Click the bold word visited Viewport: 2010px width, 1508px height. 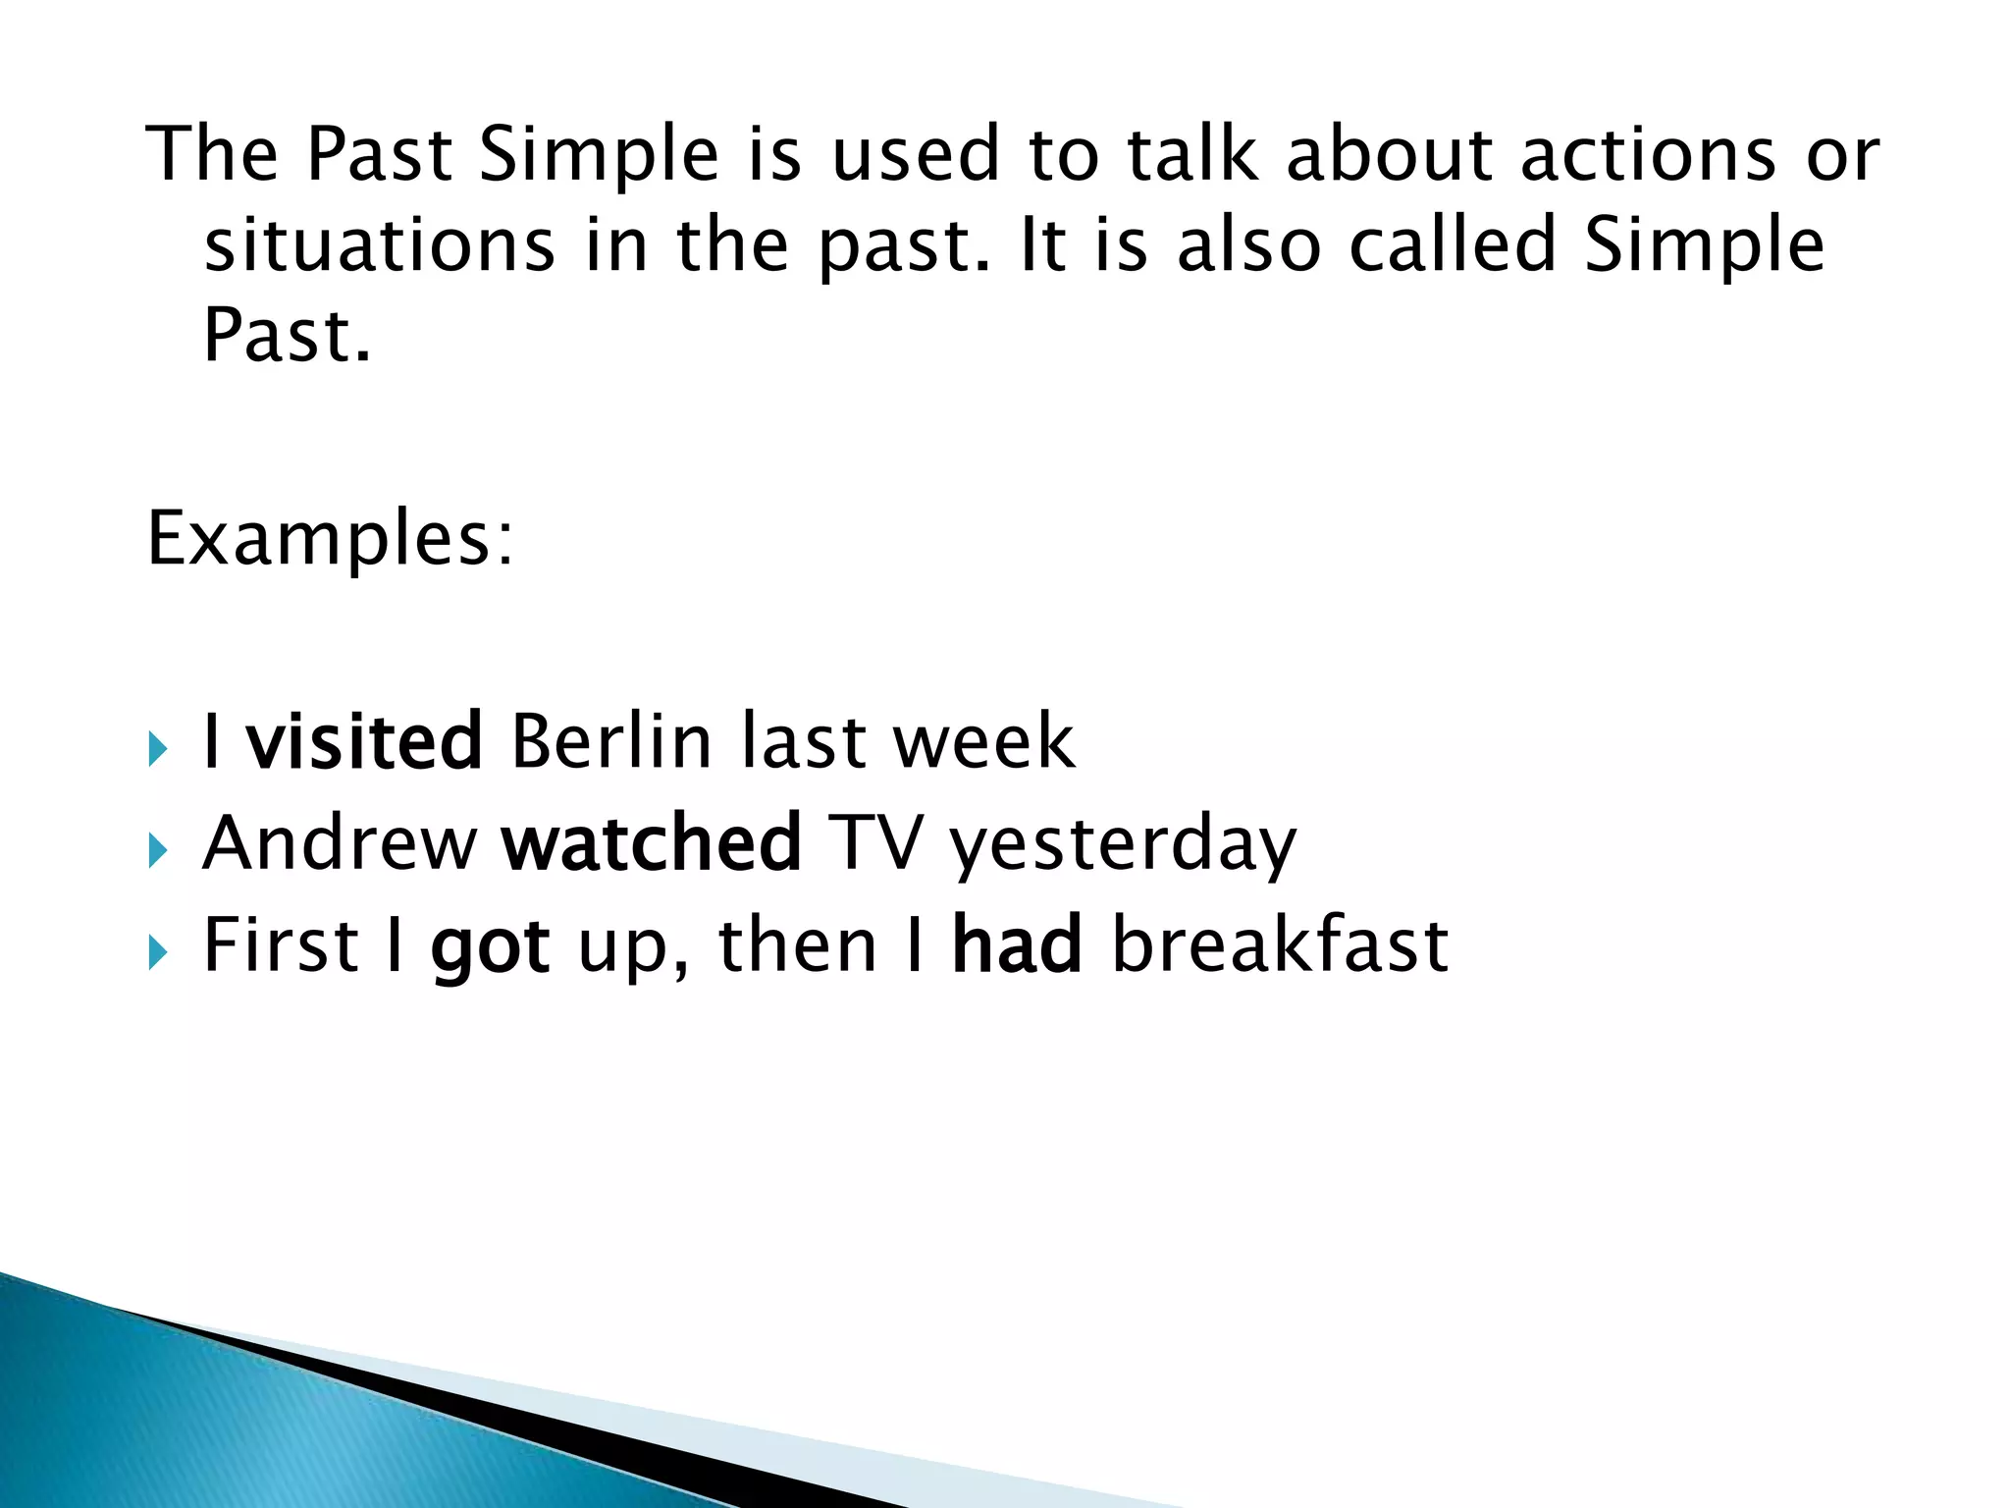pyautogui.click(x=363, y=741)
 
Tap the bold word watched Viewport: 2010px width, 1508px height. pyautogui.click(x=652, y=843)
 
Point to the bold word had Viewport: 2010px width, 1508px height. pyautogui.click(x=1017, y=945)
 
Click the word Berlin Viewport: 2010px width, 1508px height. pyautogui.click(x=610, y=741)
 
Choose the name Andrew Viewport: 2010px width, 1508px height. pyautogui.click(x=340, y=843)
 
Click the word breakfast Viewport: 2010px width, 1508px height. pyautogui.click(x=1280, y=945)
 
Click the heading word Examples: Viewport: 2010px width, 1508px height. pyautogui.click(x=330, y=540)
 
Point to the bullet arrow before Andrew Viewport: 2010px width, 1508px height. pyautogui.click(x=158, y=850)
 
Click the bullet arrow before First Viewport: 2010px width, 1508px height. pyautogui.click(x=158, y=952)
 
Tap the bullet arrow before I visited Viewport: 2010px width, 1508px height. pyautogui.click(x=158, y=749)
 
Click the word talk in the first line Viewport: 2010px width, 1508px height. pyautogui.click(x=1191, y=155)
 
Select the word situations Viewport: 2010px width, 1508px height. pyautogui.click(x=379, y=245)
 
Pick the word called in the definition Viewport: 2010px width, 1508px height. pyautogui.click(x=1453, y=245)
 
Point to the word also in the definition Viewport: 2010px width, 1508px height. pyautogui.click(x=1248, y=245)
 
